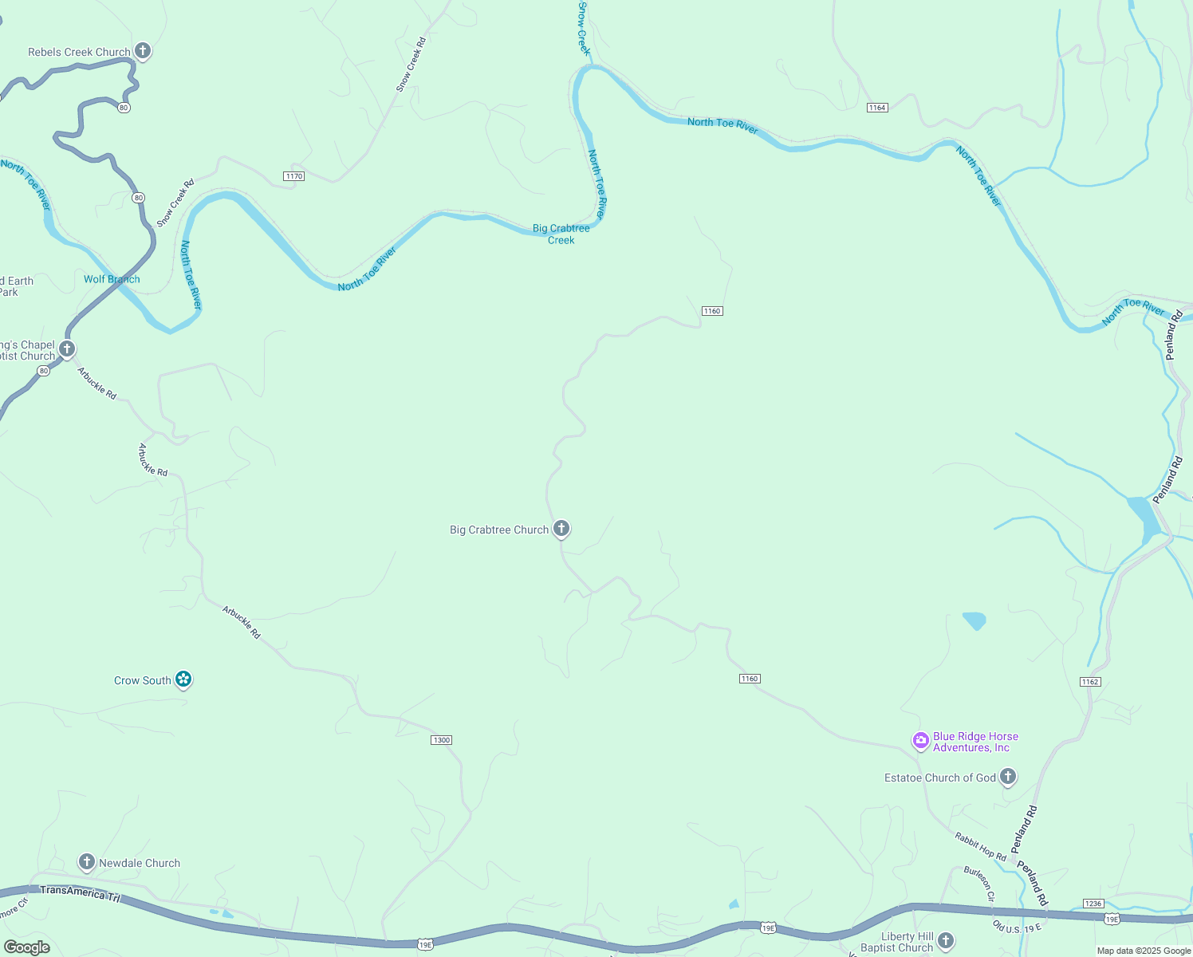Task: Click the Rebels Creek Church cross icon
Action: tap(143, 51)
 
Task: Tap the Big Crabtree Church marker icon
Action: tap(561, 528)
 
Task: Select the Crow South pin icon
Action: tap(183, 679)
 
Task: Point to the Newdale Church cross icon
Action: tap(86, 861)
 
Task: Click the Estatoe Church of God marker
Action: tap(1008, 776)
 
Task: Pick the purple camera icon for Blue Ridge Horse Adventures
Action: tap(921, 741)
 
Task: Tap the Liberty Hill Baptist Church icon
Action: tap(946, 940)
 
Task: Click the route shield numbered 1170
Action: tap(294, 176)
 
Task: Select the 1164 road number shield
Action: tap(877, 108)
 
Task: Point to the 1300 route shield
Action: tap(441, 740)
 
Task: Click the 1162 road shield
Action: tap(1090, 682)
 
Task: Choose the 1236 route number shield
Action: tap(1093, 904)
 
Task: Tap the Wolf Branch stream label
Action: tap(112, 279)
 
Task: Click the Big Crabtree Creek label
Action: tap(561, 234)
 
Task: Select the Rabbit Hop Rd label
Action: tap(980, 846)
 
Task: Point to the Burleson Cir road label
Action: tap(979, 884)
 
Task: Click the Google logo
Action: tap(27, 947)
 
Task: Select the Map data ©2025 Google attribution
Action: tap(1144, 951)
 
